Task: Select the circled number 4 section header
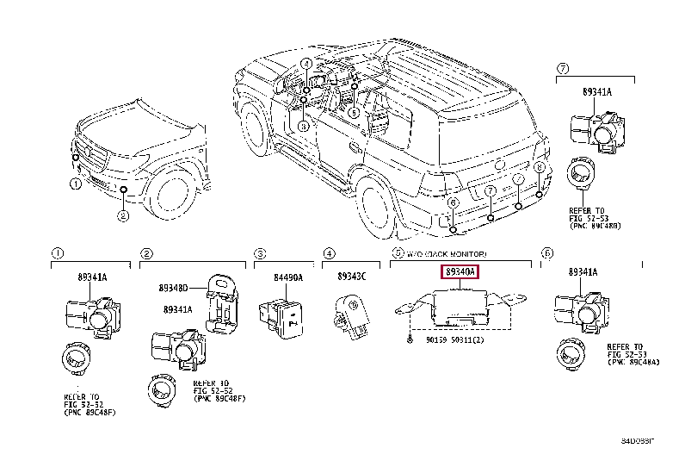pos(329,253)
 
